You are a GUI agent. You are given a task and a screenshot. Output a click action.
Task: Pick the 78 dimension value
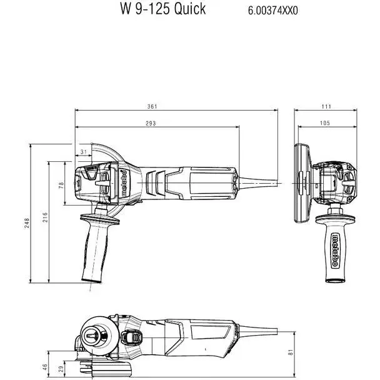(x=61, y=185)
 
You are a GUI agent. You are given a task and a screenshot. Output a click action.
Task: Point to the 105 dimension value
(x=324, y=123)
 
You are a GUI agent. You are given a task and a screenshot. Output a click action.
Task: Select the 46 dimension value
(x=44, y=367)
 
